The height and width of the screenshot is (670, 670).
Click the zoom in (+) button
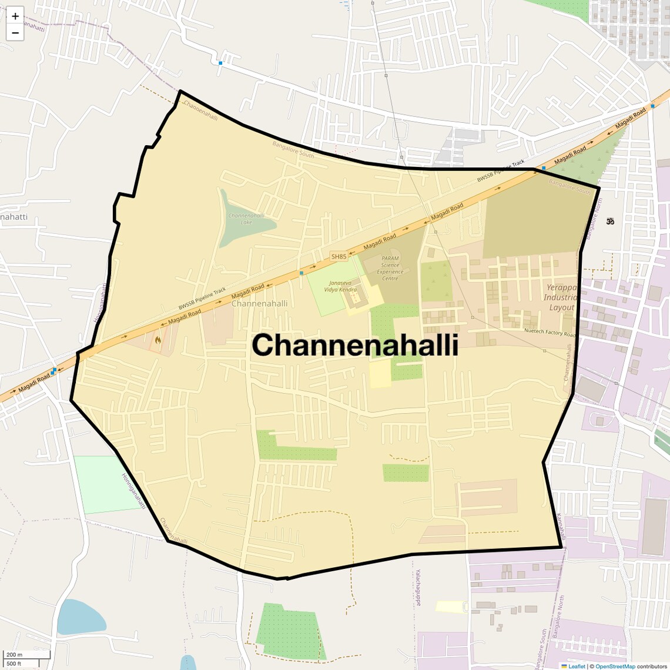[15, 16]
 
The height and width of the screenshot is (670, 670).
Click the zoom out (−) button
[15, 33]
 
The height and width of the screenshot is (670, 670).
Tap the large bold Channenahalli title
[355, 345]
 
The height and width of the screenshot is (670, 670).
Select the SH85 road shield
[339, 256]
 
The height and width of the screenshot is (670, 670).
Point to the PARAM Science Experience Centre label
[390, 268]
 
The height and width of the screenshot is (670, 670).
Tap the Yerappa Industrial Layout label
[562, 297]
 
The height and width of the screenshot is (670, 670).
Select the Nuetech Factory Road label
[550, 332]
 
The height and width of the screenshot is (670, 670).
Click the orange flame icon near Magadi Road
[158, 339]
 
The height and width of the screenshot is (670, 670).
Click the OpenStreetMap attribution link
[615, 666]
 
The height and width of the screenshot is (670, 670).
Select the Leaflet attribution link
[577, 666]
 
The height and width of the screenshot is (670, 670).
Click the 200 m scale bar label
[14, 655]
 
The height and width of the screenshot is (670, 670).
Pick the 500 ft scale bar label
[14, 664]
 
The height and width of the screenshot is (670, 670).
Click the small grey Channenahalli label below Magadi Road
[260, 303]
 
